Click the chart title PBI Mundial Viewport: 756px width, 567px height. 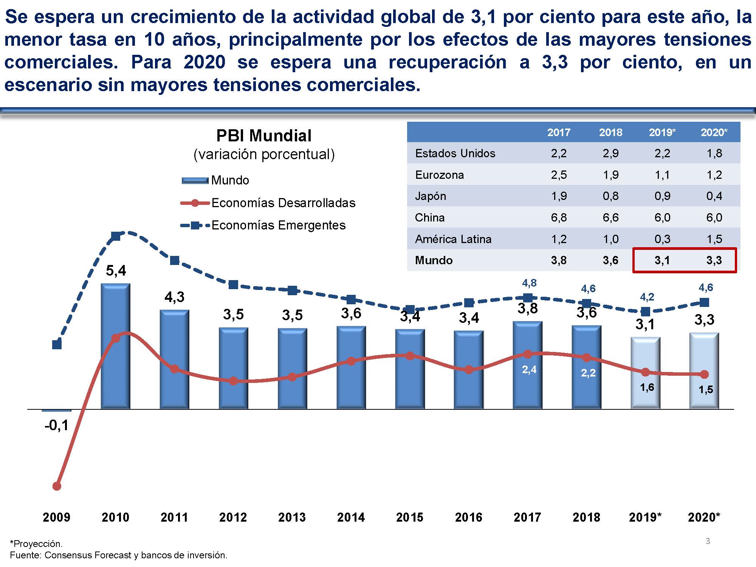[x=264, y=136]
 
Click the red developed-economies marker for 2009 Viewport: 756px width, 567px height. [x=57, y=486]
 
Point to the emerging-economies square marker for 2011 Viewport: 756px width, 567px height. [x=175, y=260]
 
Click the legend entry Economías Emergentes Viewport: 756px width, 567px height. [x=278, y=225]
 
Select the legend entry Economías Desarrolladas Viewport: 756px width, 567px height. [x=283, y=203]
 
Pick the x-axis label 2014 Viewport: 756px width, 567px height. [x=351, y=517]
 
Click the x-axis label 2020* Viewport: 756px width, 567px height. [x=704, y=517]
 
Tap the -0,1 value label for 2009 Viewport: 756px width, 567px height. [x=57, y=426]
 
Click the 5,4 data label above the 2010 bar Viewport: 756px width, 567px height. [x=116, y=271]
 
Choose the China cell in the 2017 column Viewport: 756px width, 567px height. [x=559, y=218]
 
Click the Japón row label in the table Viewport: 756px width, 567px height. [x=431, y=196]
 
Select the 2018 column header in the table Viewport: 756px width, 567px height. [x=610, y=132]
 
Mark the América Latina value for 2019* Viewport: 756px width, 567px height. [x=662, y=239]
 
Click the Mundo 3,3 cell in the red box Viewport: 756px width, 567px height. [x=714, y=260]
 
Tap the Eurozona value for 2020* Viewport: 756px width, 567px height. [x=714, y=175]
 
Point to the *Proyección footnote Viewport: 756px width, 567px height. [x=36, y=544]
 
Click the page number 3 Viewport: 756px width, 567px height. [x=708, y=541]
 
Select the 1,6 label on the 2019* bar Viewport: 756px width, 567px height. [x=647, y=387]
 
